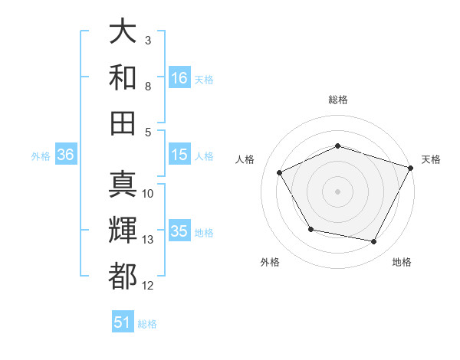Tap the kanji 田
[123, 122]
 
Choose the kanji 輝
[123, 231]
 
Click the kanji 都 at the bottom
[123, 276]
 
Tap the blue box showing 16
[179, 77]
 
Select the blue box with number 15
[179, 155]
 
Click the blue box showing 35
[179, 231]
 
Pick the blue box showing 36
[65, 155]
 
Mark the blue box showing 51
[123, 322]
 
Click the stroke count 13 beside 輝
[148, 240]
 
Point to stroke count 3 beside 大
[148, 40]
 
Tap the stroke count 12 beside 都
[148, 286]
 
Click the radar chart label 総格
[338, 100]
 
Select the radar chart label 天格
[432, 159]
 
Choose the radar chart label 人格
[245, 159]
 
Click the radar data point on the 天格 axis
[412, 167]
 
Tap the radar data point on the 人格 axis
[279, 173]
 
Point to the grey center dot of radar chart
[338, 191]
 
